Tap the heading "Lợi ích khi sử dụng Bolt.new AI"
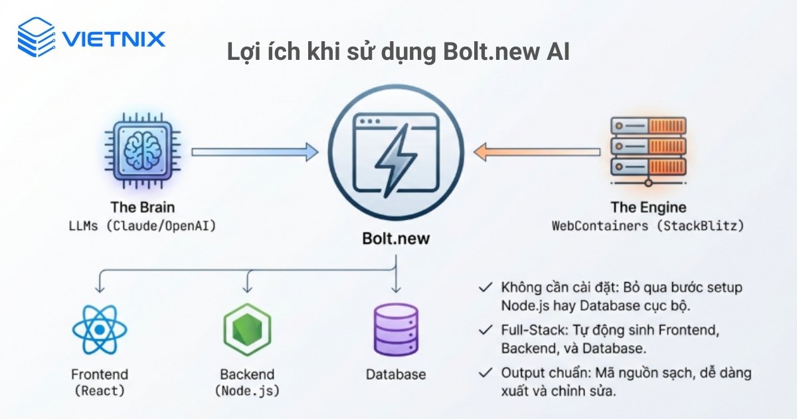[398, 53]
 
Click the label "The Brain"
[143, 207]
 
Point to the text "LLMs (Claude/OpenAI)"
[143, 226]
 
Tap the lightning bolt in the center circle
[397, 160]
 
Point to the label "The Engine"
[648, 207]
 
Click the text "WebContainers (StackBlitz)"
[648, 226]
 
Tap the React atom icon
[100, 329]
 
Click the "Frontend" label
[100, 374]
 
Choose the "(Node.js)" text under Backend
[248, 391]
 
